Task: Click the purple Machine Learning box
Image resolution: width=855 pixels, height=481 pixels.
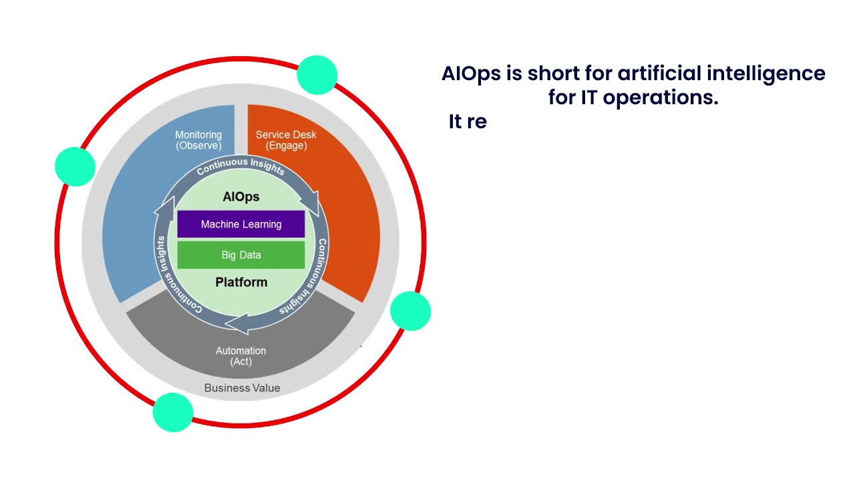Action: tap(241, 224)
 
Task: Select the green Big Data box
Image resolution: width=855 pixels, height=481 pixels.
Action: tap(241, 255)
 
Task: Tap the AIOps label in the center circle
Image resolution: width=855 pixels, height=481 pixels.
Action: tap(241, 197)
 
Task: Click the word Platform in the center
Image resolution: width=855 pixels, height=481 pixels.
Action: tap(241, 283)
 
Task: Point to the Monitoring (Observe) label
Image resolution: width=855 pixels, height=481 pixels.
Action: tap(198, 140)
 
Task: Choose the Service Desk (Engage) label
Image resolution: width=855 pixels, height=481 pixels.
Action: tap(286, 140)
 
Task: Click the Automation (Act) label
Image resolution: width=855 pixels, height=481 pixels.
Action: tap(240, 356)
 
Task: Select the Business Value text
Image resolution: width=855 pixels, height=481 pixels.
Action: tap(242, 388)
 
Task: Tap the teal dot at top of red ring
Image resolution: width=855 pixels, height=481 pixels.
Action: tap(317, 75)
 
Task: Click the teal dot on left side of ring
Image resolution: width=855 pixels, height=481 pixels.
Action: tap(75, 166)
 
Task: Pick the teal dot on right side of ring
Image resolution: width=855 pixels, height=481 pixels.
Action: tap(410, 311)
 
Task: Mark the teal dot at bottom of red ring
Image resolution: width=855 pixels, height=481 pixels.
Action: tap(173, 412)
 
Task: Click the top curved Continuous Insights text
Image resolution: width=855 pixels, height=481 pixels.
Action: tap(240, 165)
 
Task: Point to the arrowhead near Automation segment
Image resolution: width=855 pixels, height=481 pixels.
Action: tap(236, 324)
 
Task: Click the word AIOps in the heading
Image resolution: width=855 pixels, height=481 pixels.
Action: tap(471, 73)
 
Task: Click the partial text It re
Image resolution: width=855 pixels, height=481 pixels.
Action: tap(468, 122)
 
